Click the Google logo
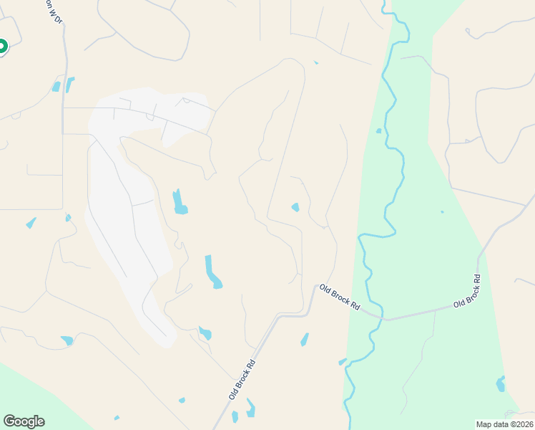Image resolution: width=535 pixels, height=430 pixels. (24, 421)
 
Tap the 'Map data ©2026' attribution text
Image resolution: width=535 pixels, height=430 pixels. (504, 424)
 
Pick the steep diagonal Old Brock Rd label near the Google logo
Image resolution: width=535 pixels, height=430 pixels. (242, 381)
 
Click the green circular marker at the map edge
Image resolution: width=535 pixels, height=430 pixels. (1, 47)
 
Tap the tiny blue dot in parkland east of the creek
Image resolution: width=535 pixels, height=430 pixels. (442, 211)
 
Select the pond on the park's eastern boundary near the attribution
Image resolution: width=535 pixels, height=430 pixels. (500, 384)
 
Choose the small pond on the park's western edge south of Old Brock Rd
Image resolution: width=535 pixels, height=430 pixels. (342, 362)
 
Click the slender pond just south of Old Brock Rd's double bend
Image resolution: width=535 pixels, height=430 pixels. (305, 339)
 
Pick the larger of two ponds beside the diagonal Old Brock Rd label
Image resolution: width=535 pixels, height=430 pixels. (250, 408)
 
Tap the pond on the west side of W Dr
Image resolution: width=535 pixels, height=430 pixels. (57, 87)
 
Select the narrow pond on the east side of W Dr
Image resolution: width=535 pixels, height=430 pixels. (69, 85)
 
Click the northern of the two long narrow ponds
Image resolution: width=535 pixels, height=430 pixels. (179, 202)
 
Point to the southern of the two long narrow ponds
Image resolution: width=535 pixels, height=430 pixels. (212, 272)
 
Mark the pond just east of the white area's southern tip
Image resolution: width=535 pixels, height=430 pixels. (205, 333)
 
